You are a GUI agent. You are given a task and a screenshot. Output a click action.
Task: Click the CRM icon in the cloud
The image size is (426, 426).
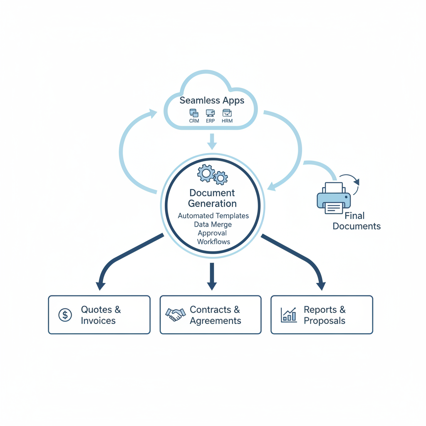[x=194, y=113]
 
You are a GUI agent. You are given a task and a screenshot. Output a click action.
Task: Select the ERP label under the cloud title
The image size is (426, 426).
[x=211, y=121]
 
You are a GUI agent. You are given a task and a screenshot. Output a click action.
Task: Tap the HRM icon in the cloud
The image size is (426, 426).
[x=227, y=113]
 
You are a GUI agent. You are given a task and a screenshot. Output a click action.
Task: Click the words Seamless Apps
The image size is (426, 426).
[x=212, y=101]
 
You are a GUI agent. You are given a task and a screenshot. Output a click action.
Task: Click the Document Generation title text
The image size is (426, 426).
[x=212, y=198]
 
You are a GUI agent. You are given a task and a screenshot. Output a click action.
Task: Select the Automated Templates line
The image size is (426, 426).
[x=213, y=216]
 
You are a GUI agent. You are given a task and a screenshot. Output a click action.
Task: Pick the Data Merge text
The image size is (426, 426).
[x=213, y=225]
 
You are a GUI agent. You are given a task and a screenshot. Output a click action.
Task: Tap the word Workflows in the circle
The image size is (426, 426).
[x=213, y=242]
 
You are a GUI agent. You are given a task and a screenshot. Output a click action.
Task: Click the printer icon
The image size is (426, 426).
[x=334, y=198]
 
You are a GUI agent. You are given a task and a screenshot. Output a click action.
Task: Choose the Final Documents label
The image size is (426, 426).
[x=356, y=221]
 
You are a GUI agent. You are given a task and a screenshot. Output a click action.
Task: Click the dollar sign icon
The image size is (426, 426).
[x=65, y=315]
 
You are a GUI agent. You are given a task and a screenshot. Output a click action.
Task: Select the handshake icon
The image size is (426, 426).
[x=175, y=315]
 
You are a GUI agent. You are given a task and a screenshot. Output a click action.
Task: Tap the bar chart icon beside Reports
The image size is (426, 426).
[x=289, y=315]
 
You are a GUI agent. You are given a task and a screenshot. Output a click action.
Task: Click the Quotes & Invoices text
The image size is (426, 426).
[x=101, y=315]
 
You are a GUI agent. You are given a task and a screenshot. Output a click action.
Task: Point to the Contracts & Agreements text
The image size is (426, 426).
[x=215, y=315]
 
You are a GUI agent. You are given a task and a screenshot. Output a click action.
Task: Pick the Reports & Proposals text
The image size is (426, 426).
[x=324, y=315]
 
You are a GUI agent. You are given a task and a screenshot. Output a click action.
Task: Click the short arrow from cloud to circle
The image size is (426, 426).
[x=212, y=141]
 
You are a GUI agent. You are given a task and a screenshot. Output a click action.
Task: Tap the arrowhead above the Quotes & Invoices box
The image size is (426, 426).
[x=100, y=285]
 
